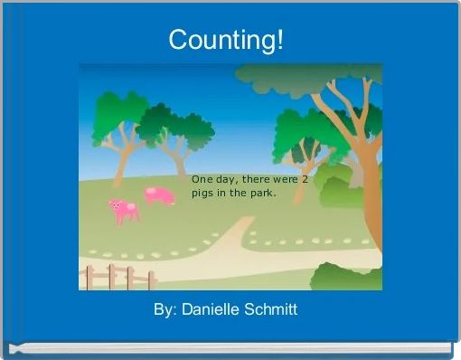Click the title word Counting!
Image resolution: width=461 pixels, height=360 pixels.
click(226, 40)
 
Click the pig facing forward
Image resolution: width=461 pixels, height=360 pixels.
click(124, 211)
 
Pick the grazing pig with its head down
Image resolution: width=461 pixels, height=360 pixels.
click(159, 195)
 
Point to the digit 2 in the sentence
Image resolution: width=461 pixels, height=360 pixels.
click(305, 179)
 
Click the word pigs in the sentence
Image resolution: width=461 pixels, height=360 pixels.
click(202, 194)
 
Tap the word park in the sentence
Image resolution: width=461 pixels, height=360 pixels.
click(262, 194)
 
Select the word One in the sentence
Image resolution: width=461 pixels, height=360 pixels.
click(202, 179)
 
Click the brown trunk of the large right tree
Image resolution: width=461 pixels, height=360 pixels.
click(367, 181)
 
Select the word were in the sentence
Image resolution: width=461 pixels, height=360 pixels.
click(285, 179)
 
